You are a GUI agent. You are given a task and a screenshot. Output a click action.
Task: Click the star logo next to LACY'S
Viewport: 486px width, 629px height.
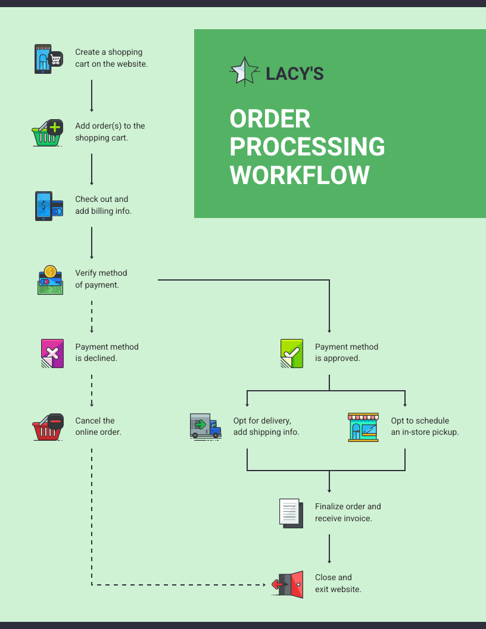pos(244,71)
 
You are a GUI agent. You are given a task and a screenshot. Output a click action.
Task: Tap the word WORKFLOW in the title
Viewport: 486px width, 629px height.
pos(300,175)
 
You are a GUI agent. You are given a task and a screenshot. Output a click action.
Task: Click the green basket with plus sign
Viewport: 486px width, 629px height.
pos(47,133)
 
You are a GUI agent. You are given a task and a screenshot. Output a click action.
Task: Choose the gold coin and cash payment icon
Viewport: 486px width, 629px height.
pos(50,280)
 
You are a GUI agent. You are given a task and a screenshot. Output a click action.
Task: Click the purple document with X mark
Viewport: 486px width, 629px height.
pos(52,353)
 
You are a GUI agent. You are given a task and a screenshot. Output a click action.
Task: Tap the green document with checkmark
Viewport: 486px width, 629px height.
pos(291,353)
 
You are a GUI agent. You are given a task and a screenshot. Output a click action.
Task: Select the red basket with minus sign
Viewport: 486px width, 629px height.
pos(48,427)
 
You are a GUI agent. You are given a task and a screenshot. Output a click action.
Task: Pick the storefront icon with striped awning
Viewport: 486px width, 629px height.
pos(363,427)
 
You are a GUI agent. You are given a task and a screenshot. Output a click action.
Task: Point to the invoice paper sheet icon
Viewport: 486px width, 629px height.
pos(291,512)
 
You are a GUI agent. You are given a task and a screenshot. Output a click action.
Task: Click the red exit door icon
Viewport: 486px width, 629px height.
pos(288,584)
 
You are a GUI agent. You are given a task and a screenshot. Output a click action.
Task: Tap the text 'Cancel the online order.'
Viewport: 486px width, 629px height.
pos(98,426)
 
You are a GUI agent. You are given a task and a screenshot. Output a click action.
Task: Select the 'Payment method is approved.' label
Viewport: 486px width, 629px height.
pos(346,353)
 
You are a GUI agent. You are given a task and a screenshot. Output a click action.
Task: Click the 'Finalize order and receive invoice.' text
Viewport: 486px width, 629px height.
pos(348,512)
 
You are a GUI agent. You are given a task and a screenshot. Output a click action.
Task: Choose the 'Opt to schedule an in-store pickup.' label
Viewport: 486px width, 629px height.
pos(425,426)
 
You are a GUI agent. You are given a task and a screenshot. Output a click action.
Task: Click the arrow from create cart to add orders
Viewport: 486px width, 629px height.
pos(92,95)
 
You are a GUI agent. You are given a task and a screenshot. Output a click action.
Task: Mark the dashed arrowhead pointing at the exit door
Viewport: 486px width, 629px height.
pos(264,585)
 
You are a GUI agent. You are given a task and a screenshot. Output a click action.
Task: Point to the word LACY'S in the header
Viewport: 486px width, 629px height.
pos(294,73)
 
